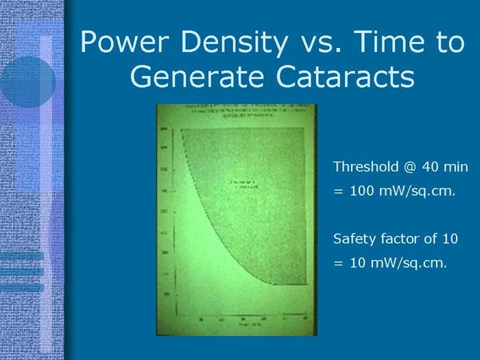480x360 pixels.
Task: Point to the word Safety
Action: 352,239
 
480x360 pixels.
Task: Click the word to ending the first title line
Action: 450,43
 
